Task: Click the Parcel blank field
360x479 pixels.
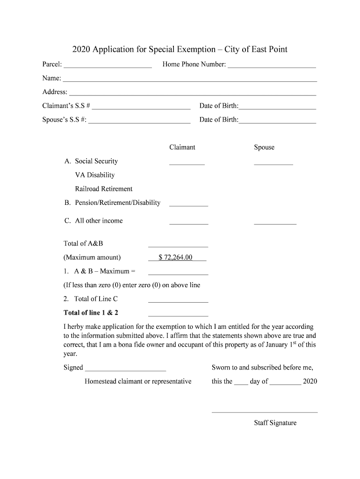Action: click(x=108, y=65)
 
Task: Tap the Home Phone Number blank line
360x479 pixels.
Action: click(x=271, y=65)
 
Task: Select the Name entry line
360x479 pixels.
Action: click(x=190, y=79)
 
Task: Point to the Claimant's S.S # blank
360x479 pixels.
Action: click(x=141, y=107)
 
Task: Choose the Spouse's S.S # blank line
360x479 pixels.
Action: click(x=139, y=121)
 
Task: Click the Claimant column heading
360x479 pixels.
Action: click(x=182, y=147)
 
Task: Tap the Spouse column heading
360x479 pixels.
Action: click(x=264, y=147)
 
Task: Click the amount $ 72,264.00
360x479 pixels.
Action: click(x=176, y=257)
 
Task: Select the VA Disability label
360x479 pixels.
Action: click(x=95, y=175)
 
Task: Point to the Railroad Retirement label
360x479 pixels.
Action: click(x=104, y=189)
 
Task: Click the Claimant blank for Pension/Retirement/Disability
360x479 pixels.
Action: click(x=188, y=204)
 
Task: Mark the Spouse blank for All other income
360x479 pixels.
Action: click(x=275, y=222)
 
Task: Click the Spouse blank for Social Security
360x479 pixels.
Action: click(x=274, y=163)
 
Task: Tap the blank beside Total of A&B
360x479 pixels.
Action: click(x=178, y=245)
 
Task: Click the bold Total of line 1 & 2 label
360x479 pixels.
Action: click(x=94, y=312)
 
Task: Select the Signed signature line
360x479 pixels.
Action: click(x=125, y=369)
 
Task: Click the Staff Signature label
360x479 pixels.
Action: click(x=275, y=423)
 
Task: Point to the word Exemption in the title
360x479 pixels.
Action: click(x=196, y=49)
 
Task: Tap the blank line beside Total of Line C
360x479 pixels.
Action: click(x=178, y=300)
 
